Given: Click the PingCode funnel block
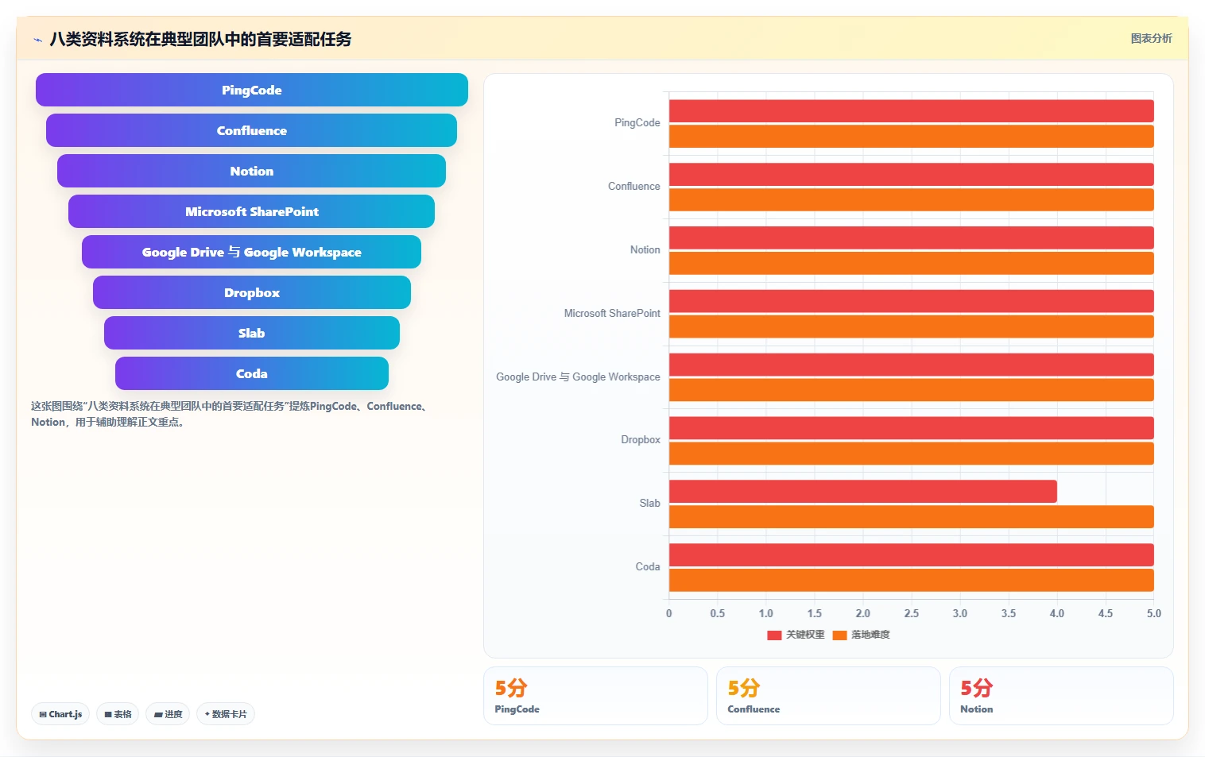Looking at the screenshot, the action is [x=252, y=90].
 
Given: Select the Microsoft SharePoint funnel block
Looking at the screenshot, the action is [x=252, y=211].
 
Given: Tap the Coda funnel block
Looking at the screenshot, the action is [x=252, y=373].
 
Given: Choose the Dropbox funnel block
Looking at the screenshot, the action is [x=252, y=292].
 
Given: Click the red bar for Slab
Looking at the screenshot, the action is [x=863, y=492].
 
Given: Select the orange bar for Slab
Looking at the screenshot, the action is [x=911, y=516].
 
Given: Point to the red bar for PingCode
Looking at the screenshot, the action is [x=911, y=110].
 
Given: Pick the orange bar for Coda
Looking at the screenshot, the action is [x=911, y=580].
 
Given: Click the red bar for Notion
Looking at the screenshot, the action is [x=911, y=238].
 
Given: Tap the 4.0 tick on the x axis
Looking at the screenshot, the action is [x=1056, y=613].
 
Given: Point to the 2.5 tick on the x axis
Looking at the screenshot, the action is [x=911, y=613].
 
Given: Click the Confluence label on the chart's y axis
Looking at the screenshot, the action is [x=633, y=186].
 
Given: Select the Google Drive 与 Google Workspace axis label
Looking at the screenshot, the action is [x=578, y=377].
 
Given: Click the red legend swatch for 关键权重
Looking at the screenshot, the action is [x=774, y=635].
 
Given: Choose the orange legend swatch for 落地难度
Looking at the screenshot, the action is [x=839, y=635].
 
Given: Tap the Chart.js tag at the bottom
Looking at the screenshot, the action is [x=60, y=714].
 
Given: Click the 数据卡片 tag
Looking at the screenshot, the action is [x=226, y=714].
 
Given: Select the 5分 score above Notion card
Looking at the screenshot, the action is [x=976, y=688].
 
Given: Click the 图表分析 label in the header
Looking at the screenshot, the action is [x=1151, y=38].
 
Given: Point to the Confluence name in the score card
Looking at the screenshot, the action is [x=754, y=709].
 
